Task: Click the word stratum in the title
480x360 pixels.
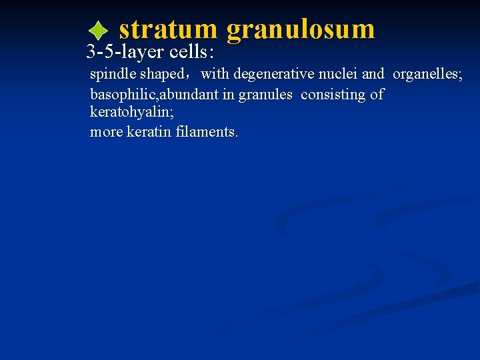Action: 168,29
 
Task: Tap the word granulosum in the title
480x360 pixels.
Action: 301,30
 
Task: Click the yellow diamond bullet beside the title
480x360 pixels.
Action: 97,30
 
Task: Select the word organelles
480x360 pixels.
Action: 427,74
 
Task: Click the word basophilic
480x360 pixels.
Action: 119,95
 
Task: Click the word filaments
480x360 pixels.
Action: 207,132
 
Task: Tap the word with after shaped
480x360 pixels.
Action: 215,74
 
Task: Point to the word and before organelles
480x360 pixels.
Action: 373,74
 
